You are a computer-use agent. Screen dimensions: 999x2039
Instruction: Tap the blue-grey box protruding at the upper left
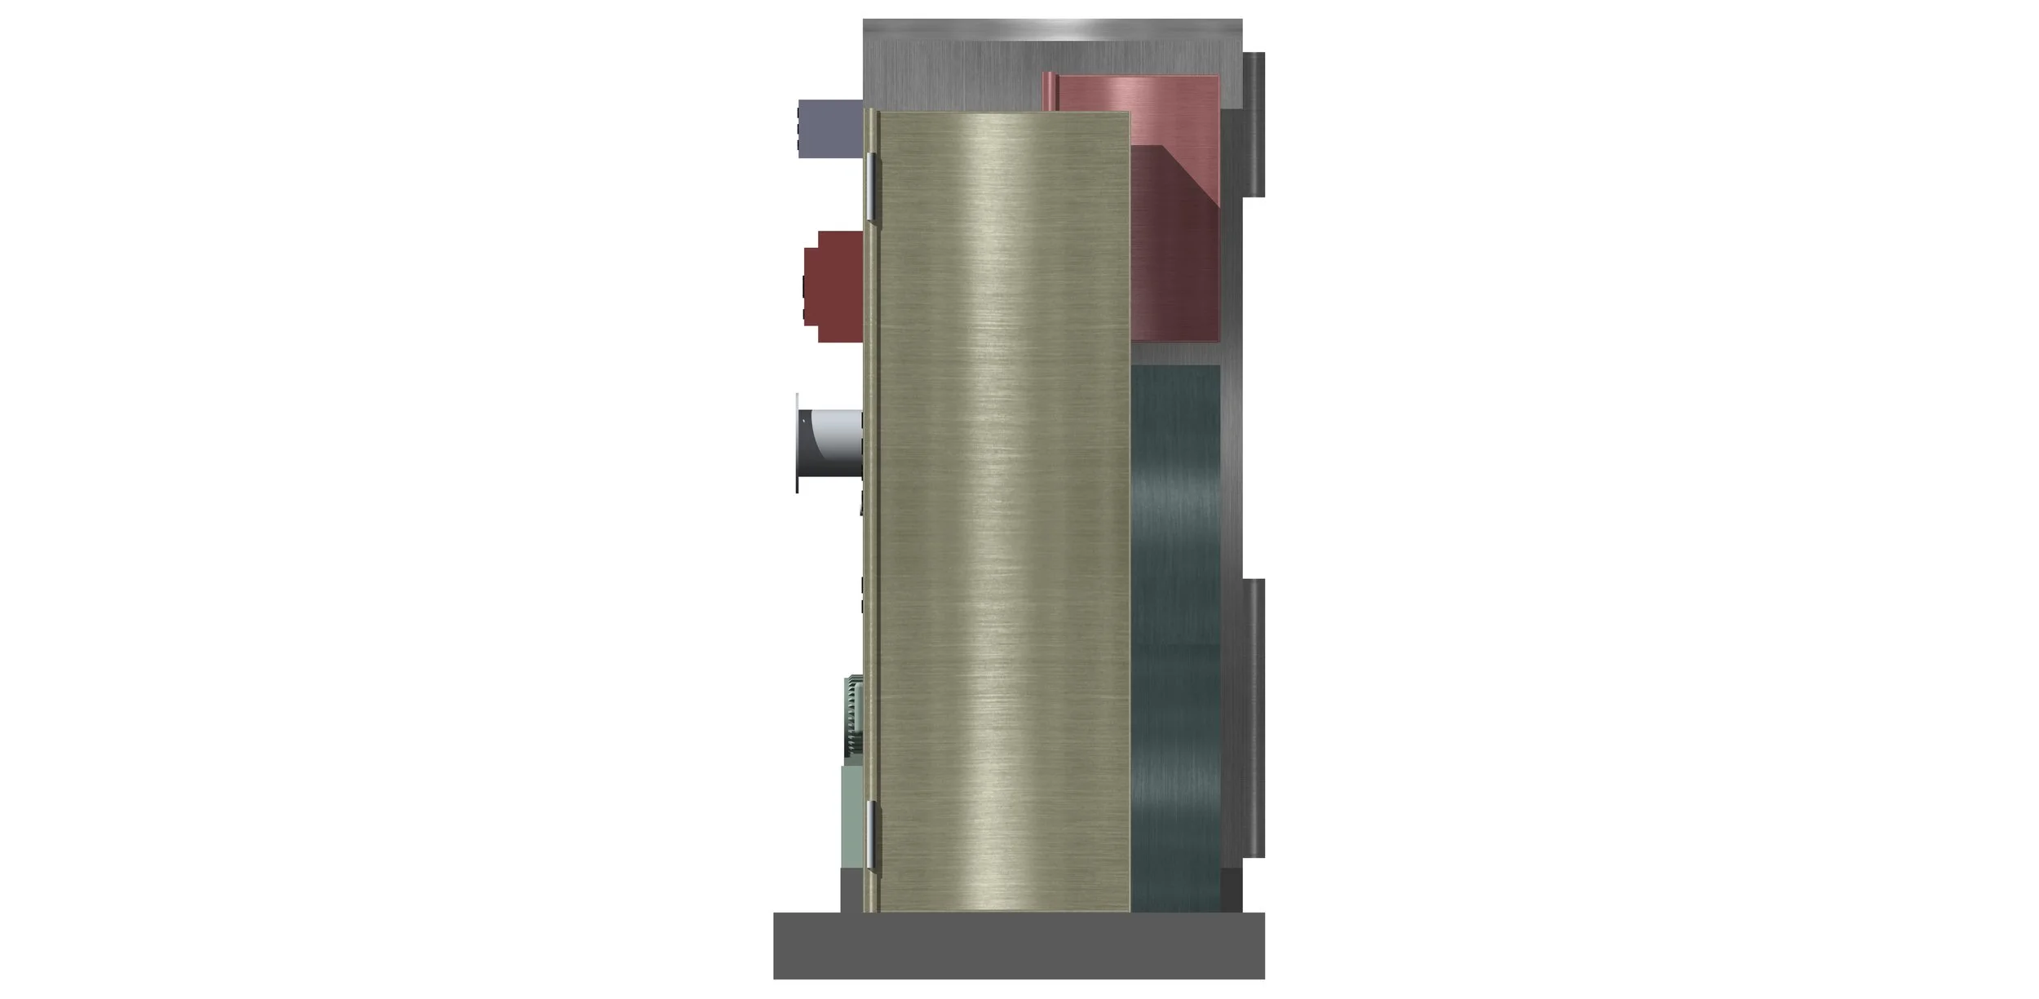coord(829,128)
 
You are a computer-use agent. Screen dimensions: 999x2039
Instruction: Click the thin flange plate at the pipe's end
coord(798,444)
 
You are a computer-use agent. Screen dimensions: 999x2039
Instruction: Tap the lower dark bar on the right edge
coord(1254,718)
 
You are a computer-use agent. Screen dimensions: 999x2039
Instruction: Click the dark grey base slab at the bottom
coord(1019,945)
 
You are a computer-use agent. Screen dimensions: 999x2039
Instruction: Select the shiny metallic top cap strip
coord(1052,30)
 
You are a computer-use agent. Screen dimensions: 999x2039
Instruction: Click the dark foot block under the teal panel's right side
coord(1231,891)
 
